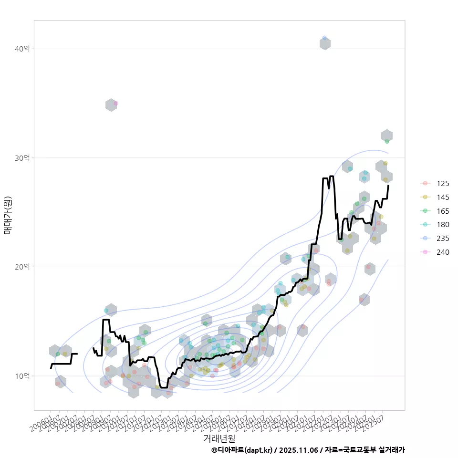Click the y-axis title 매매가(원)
8,215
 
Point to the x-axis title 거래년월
219,438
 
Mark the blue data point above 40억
324,38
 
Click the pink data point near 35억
115,103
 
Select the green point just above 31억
387,141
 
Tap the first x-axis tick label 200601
42,422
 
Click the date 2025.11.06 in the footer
299,450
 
